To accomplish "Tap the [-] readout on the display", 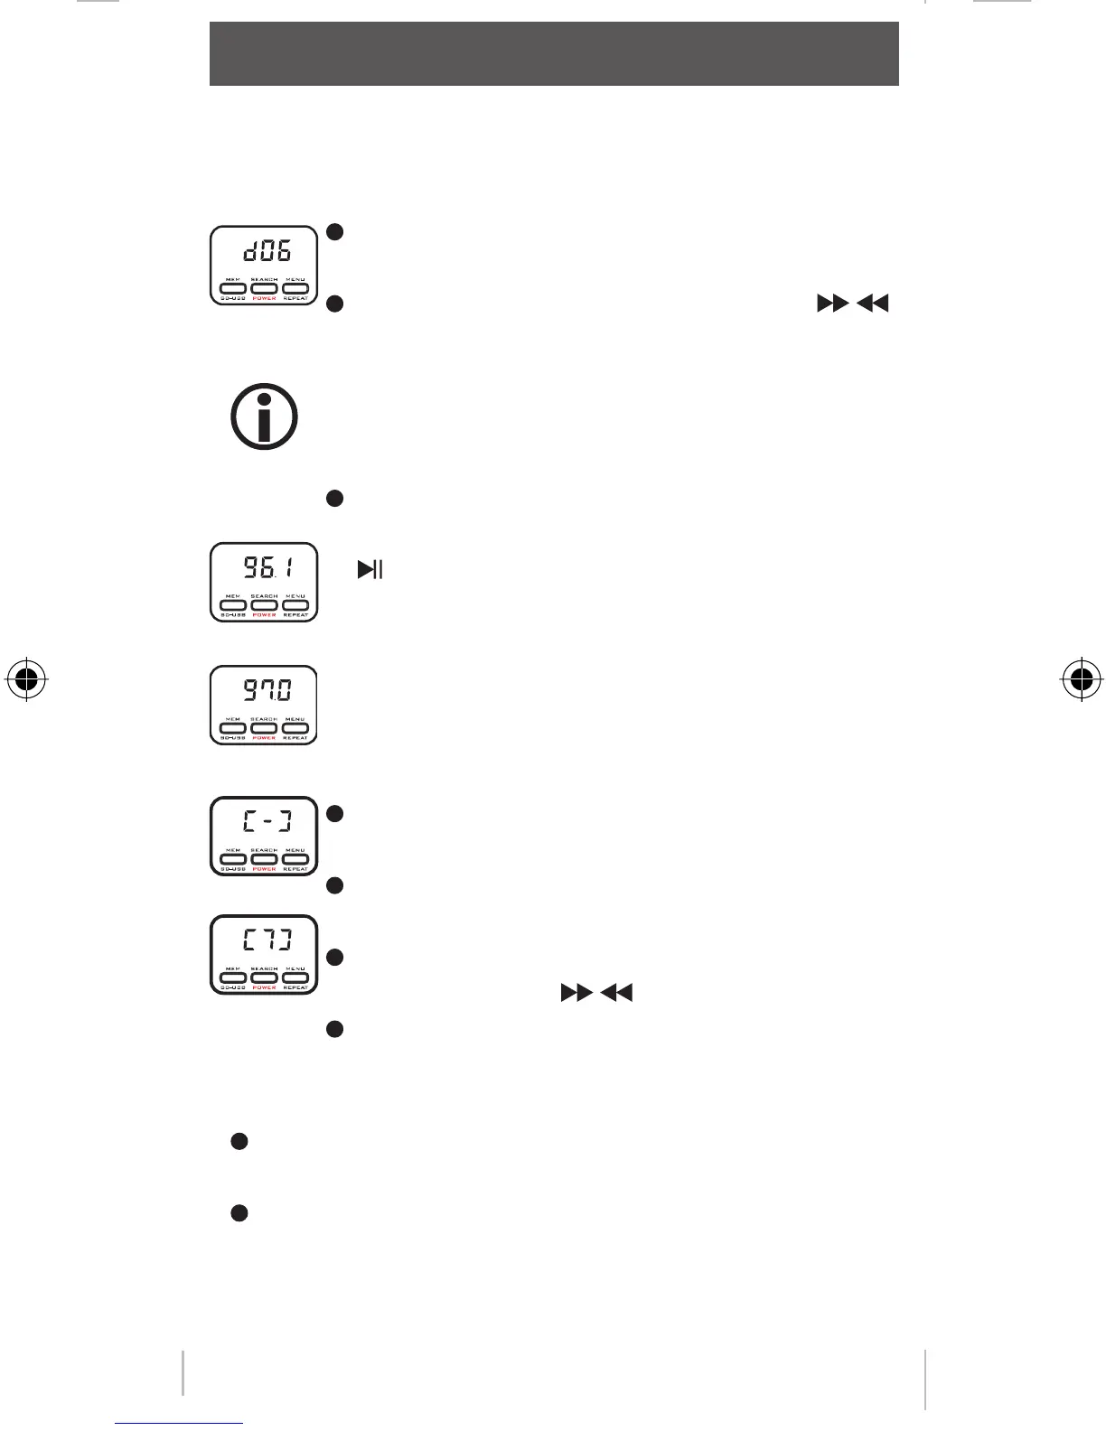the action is (x=266, y=822).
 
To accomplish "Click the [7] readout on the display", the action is (x=266, y=940).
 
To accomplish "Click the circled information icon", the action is (x=264, y=416).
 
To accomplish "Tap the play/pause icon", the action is (x=370, y=569).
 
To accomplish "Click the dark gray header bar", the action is (x=554, y=53).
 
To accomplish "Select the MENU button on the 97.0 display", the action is (x=295, y=727).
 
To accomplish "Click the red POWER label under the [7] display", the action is (x=264, y=987).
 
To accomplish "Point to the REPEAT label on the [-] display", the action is (x=295, y=869).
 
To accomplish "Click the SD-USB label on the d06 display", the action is (x=233, y=298).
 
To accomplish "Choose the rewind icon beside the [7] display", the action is (x=617, y=994).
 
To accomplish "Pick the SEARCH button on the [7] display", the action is (x=264, y=977).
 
